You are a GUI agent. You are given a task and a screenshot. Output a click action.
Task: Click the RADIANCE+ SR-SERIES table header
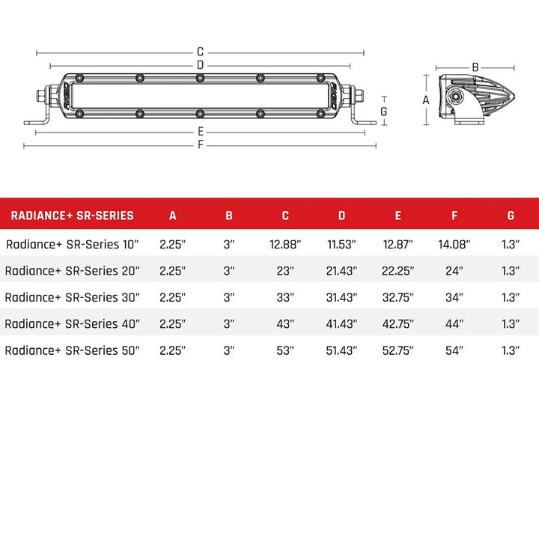[72, 216]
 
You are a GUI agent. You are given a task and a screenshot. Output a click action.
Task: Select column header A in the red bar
[173, 216]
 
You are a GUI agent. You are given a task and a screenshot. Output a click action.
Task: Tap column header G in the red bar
[511, 216]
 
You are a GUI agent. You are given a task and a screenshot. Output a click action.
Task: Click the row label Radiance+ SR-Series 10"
[73, 244]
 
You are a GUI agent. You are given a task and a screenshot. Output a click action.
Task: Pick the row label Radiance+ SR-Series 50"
[73, 350]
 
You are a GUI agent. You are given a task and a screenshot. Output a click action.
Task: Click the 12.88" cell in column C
[285, 244]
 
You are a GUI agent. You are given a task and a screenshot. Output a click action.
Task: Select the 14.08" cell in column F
[454, 244]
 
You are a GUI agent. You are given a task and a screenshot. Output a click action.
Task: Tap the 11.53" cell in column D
[341, 244]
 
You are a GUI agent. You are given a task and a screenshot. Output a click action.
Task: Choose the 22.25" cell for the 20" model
[398, 270]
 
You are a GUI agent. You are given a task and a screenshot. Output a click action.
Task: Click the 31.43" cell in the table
[341, 297]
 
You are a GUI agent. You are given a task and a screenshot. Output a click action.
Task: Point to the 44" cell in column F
[454, 323]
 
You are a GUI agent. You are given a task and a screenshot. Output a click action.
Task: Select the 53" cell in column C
[285, 350]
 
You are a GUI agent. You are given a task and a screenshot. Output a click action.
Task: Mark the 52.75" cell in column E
[398, 350]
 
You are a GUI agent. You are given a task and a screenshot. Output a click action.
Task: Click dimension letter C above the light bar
[201, 52]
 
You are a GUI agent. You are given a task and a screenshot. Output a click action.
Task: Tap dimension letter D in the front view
[201, 65]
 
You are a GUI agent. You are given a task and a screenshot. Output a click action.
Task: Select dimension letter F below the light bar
[201, 145]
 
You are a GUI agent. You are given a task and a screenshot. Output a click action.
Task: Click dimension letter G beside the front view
[383, 111]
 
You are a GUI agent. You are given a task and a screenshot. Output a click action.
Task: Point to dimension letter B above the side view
[475, 67]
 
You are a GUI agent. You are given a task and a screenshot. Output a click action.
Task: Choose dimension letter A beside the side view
[426, 100]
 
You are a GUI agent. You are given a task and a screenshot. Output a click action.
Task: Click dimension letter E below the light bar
[201, 132]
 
